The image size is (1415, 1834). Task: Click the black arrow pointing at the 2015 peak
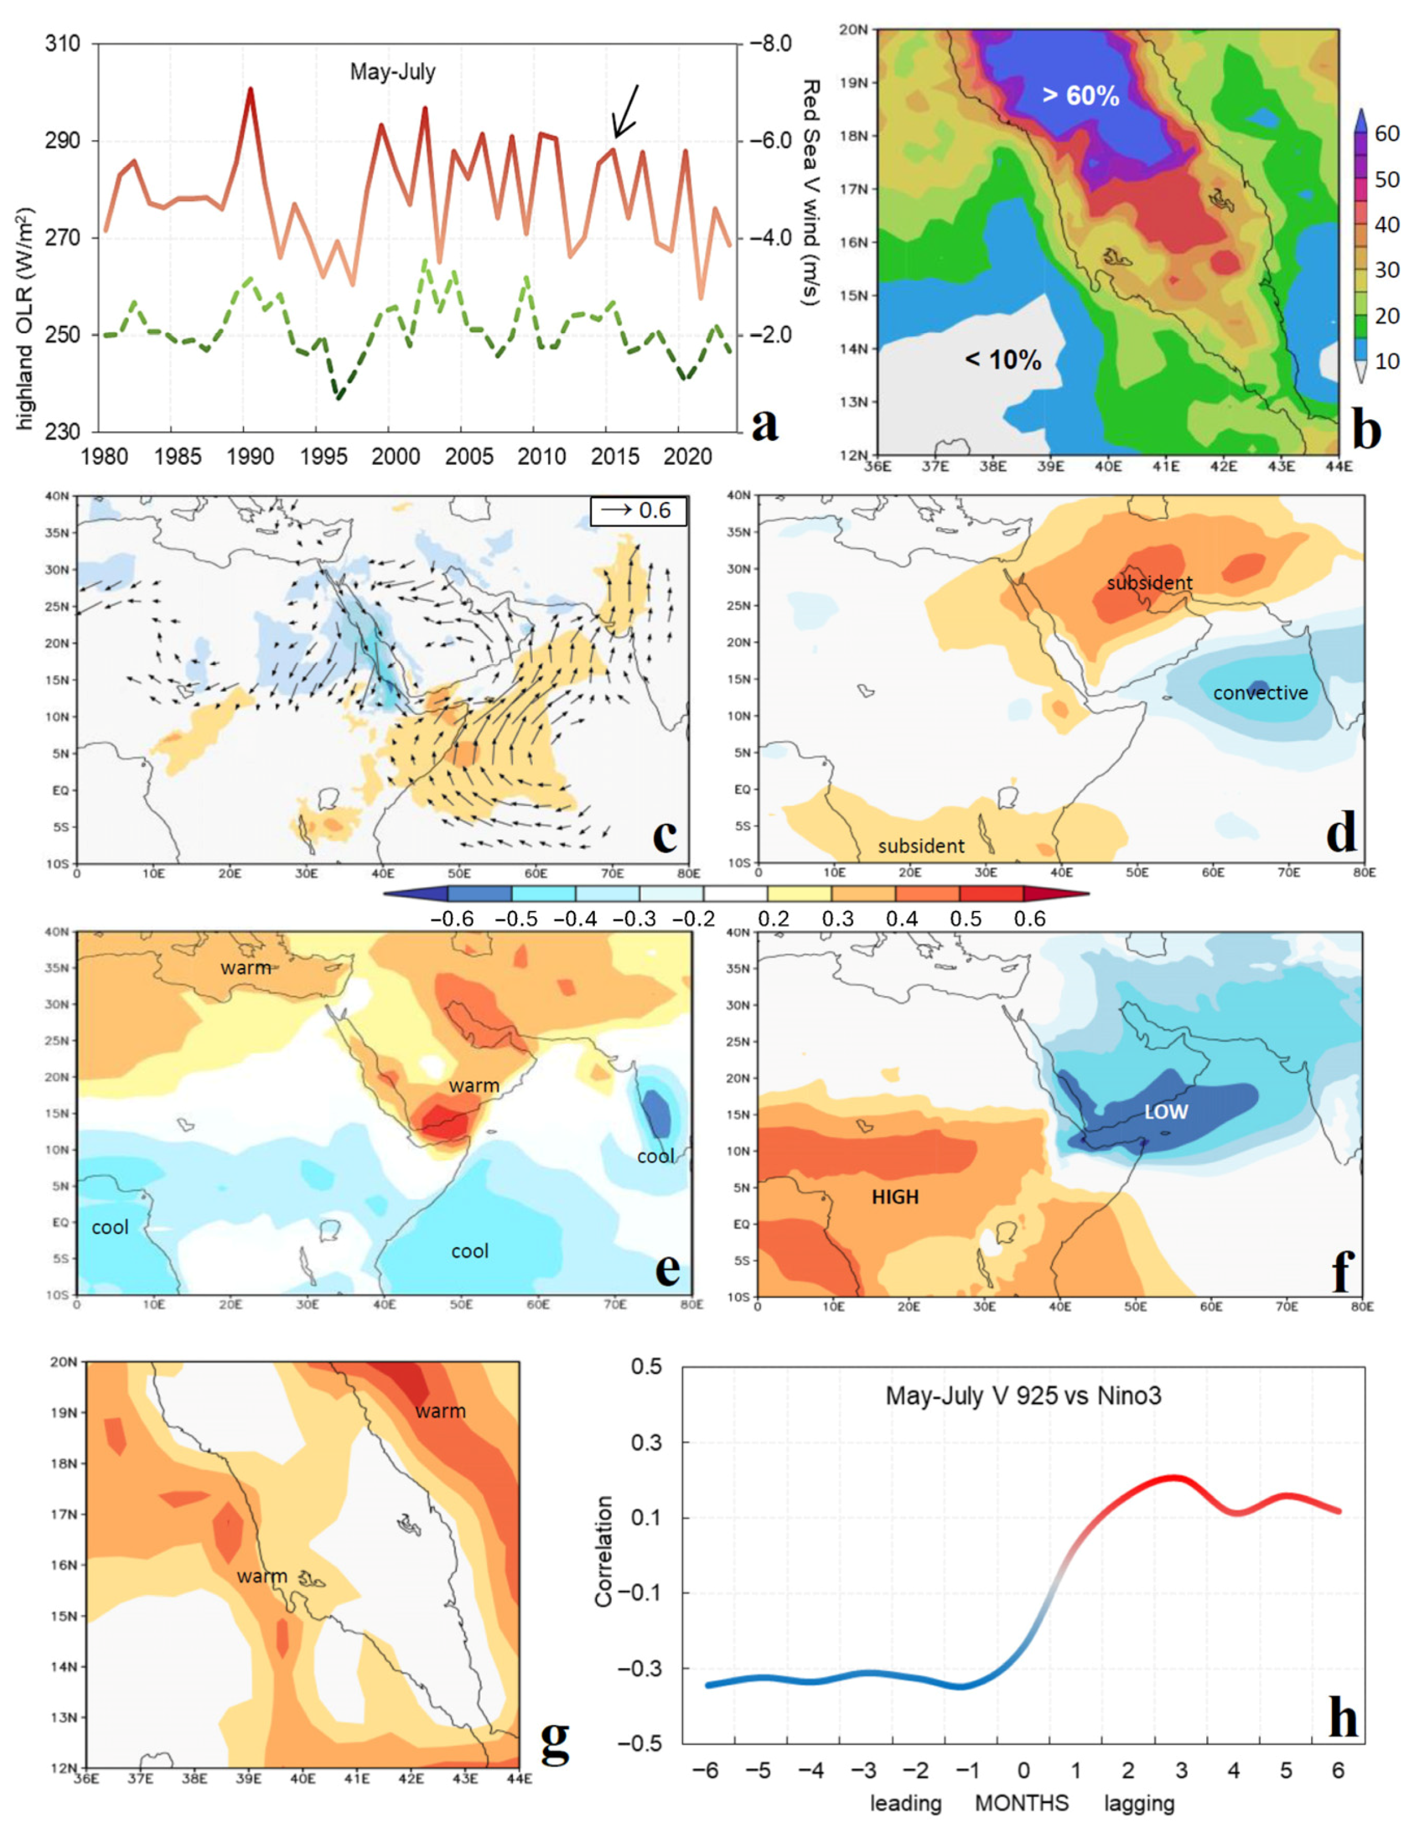(x=626, y=111)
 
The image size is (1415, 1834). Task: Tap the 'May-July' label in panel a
(x=392, y=72)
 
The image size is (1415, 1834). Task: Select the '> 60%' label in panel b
(x=1080, y=96)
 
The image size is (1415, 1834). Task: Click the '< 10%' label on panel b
(x=1002, y=360)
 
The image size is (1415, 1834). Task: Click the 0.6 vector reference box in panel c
(x=638, y=511)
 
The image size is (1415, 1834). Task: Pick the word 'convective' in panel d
(x=1260, y=693)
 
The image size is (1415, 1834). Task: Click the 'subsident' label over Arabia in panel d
(x=1149, y=583)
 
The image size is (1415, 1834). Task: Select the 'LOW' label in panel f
(x=1166, y=1112)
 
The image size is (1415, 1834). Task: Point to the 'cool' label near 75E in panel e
(x=655, y=1157)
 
